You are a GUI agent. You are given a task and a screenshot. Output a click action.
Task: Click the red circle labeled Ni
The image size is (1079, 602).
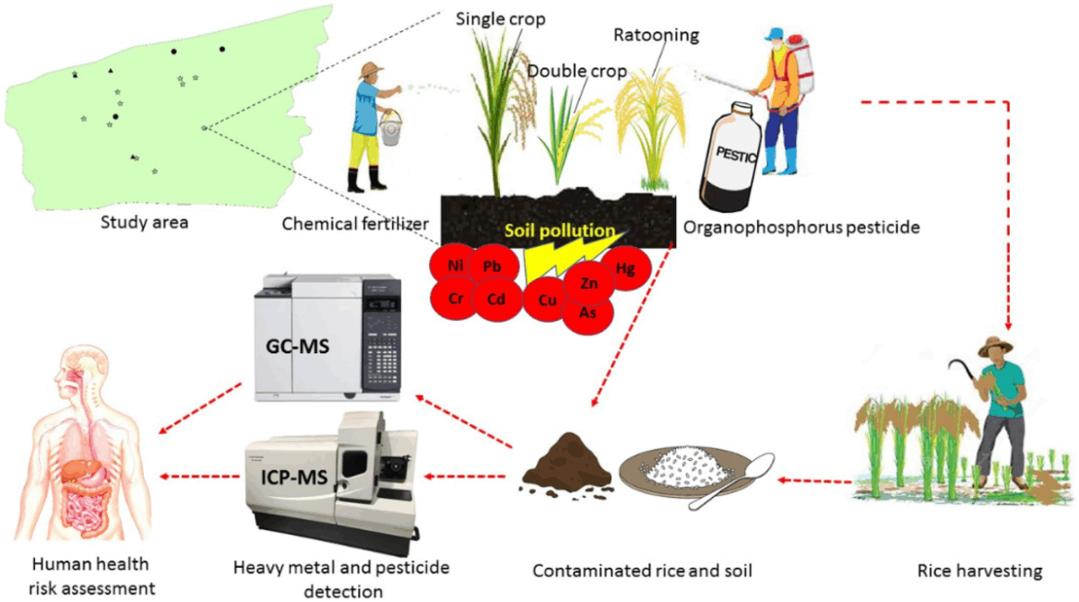pos(455,266)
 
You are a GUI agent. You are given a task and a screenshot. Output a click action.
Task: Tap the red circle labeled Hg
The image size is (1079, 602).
pos(626,269)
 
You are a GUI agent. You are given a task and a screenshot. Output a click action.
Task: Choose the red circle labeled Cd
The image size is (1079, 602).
pos(495,300)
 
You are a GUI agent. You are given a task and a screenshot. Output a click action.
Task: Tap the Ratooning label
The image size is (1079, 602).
pos(656,35)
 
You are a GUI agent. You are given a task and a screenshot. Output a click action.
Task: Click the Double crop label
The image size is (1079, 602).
pos(577,70)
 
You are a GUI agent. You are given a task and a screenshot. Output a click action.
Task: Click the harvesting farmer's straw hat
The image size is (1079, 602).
pos(995,346)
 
